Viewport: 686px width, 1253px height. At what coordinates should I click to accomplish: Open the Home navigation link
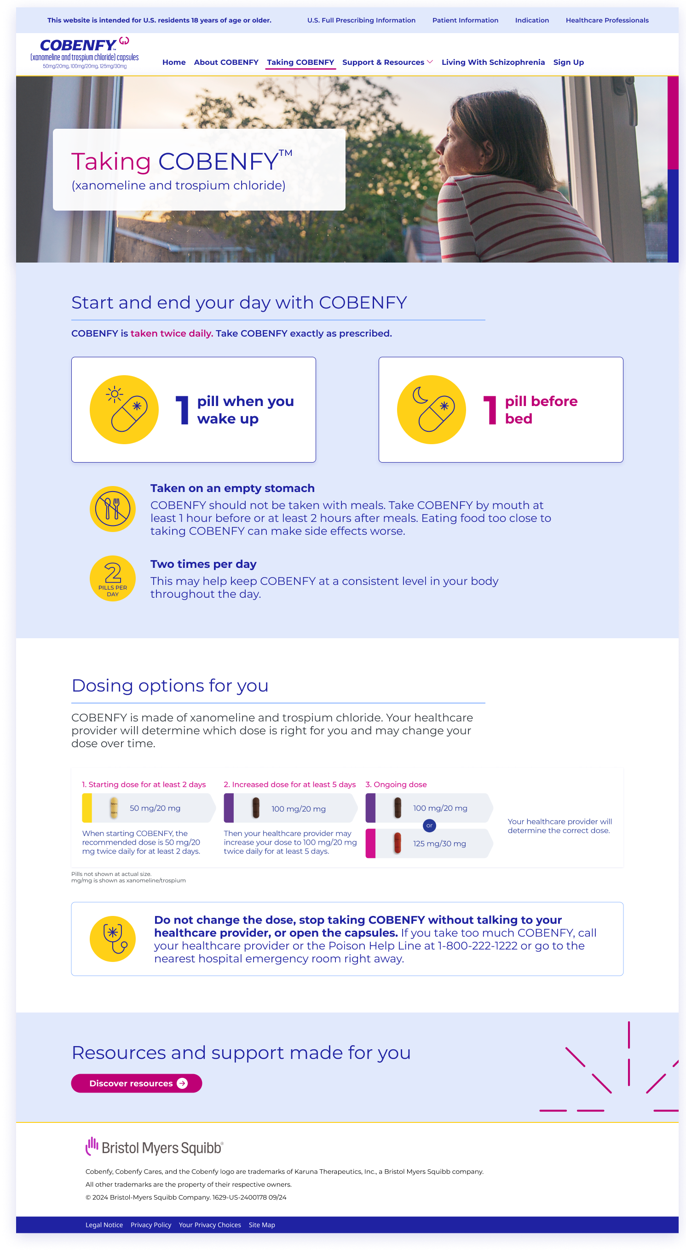(174, 62)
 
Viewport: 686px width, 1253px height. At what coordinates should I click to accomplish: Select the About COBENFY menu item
(226, 62)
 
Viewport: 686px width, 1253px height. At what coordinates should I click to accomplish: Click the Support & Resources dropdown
(387, 62)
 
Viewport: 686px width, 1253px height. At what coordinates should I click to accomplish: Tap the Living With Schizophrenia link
(493, 62)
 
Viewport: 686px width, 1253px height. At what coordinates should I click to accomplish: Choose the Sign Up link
(568, 62)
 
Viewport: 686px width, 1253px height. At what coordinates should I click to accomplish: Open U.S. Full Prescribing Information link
(361, 20)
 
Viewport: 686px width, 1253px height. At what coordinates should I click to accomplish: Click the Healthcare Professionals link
(607, 20)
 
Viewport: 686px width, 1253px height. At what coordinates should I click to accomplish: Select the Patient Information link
(465, 20)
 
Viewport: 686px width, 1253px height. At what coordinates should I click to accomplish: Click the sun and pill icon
(124, 410)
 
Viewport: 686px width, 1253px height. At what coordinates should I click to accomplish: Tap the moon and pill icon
(432, 410)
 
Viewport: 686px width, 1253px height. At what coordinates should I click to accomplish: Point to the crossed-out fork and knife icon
(112, 509)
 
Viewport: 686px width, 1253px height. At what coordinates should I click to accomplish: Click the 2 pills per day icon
(112, 578)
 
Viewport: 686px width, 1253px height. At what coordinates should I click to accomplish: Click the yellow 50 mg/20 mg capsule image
(114, 808)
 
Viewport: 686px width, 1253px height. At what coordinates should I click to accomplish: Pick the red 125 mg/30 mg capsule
(397, 843)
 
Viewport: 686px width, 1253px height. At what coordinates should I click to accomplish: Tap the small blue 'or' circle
(429, 825)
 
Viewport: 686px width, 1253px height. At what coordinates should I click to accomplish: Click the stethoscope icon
(112, 939)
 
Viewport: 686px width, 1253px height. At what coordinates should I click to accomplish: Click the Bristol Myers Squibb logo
(154, 1147)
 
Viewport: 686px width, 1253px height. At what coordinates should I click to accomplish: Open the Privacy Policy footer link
(151, 1225)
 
